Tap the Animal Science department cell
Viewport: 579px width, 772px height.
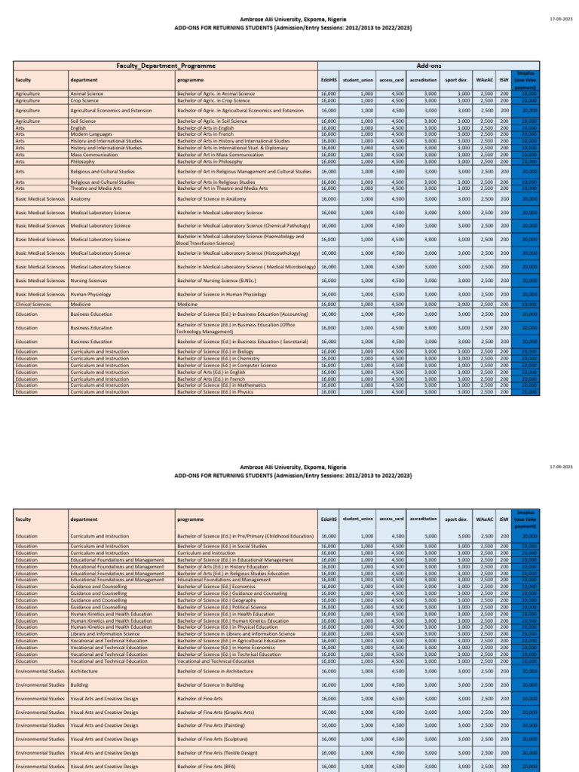[87, 93]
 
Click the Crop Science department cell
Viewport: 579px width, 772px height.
[85, 100]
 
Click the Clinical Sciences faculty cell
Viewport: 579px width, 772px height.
[33, 305]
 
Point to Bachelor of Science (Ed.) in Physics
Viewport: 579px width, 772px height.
[215, 392]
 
